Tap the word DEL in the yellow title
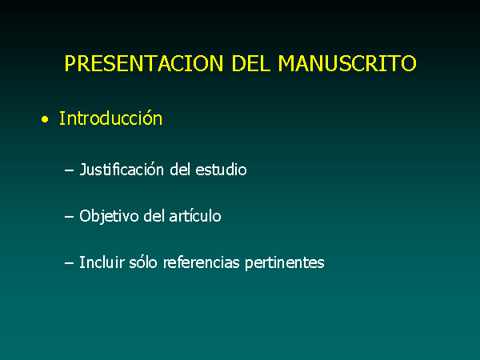(251, 63)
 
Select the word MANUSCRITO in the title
(347, 63)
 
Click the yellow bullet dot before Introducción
(45, 119)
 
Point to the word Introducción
(110, 118)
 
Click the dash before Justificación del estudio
(69, 170)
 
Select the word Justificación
(122, 170)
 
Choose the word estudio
(221, 170)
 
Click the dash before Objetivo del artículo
(69, 216)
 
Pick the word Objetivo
(109, 216)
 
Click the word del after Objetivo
(154, 215)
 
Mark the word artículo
(195, 215)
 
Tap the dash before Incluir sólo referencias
(69, 262)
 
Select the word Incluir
(102, 262)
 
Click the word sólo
(143, 262)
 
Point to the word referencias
(201, 262)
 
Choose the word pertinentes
(284, 262)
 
